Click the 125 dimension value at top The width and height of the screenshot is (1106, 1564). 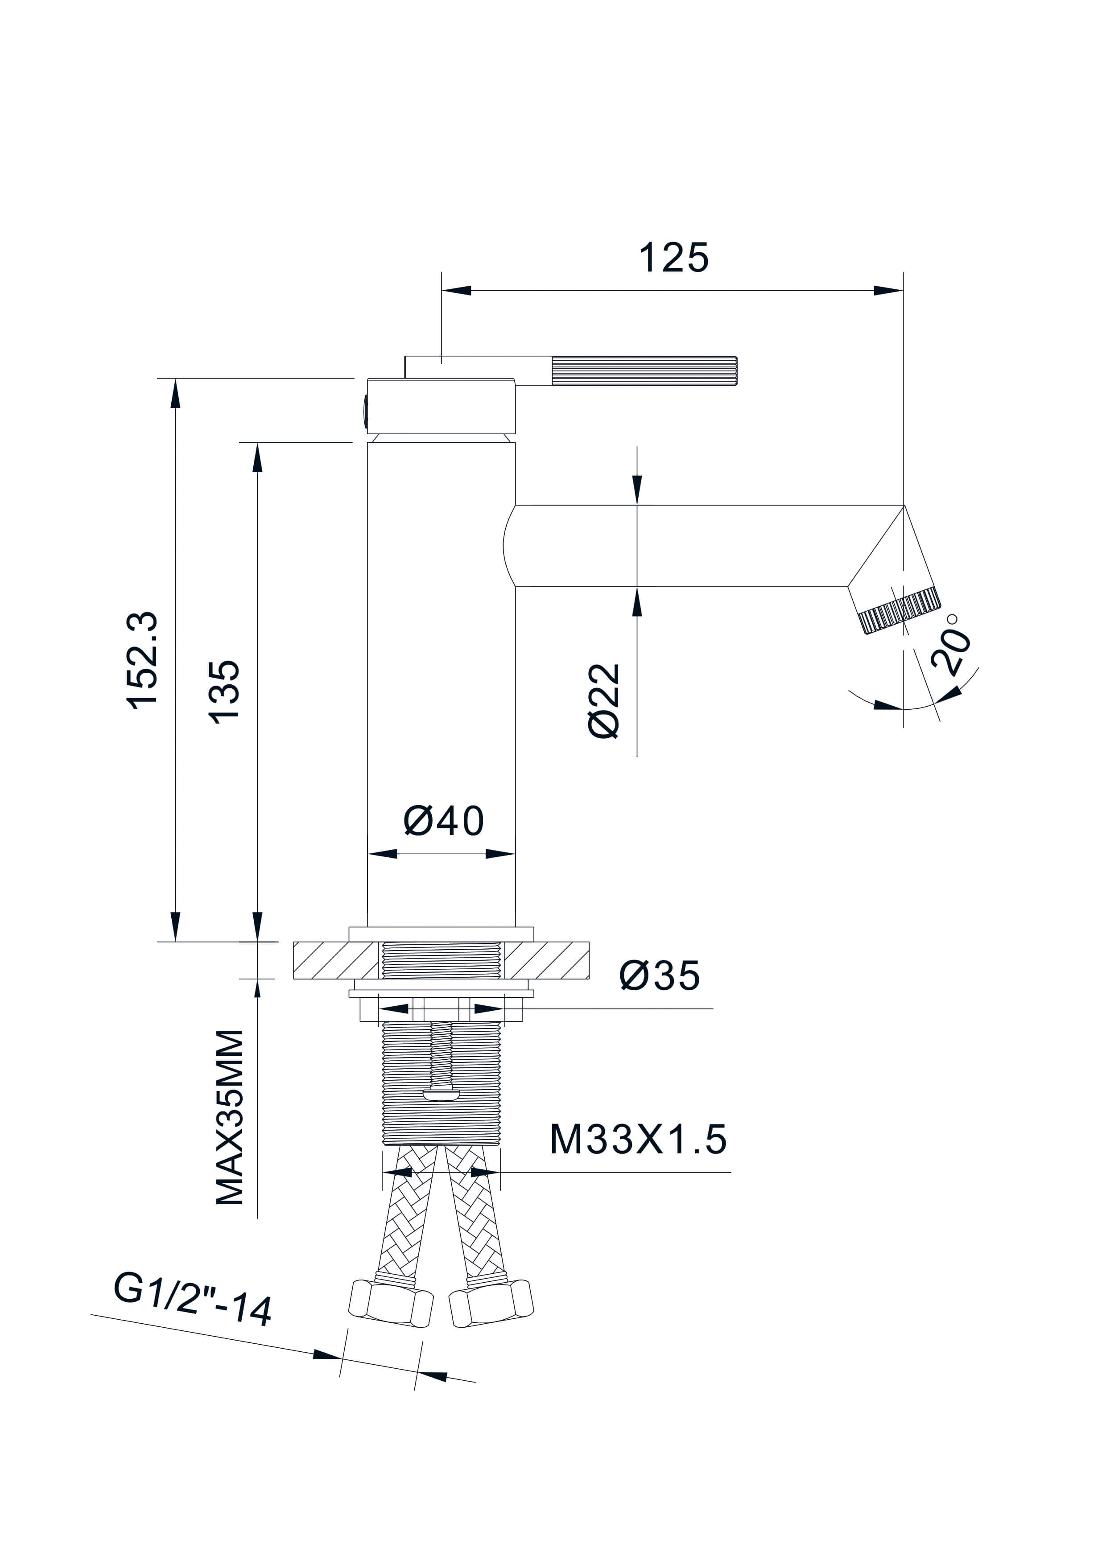673,258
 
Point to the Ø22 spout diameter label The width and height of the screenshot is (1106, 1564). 604,701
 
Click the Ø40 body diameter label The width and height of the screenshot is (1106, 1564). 444,821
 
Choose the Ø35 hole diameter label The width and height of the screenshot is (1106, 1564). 659,975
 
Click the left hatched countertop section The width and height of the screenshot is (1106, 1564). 335,960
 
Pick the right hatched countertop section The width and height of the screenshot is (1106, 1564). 546,960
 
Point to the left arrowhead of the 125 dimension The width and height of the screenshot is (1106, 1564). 457,291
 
